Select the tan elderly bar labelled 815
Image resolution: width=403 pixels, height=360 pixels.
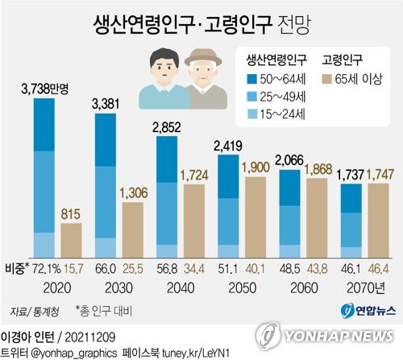coord(72,239)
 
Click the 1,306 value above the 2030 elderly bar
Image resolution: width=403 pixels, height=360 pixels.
coord(133,192)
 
